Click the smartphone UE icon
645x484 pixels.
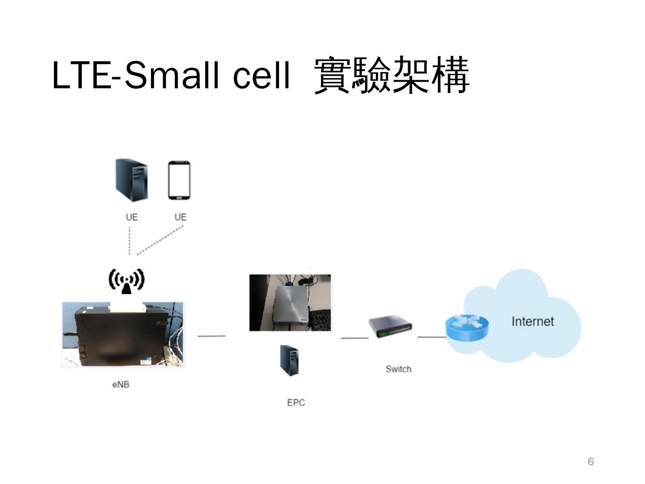click(x=179, y=180)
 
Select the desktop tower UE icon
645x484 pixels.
click(x=131, y=180)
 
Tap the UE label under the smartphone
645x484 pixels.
click(x=180, y=217)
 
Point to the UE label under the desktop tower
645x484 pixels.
click(x=132, y=217)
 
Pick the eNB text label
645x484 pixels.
click(x=121, y=385)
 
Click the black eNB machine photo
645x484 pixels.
click(x=123, y=335)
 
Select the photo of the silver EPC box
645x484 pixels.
click(x=290, y=303)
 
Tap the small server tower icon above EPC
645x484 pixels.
click(x=290, y=360)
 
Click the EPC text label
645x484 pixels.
click(x=296, y=402)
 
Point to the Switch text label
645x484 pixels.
click(x=398, y=369)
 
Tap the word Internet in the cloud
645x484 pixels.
click(x=533, y=321)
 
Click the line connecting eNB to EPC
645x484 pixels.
click(x=211, y=336)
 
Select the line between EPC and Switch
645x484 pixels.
click(x=354, y=337)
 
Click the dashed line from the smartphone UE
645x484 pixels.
click(x=160, y=240)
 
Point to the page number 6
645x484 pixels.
click(x=591, y=462)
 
